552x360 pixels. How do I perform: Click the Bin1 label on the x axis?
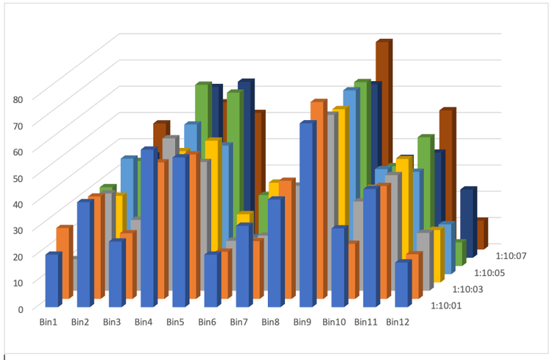pos(49,322)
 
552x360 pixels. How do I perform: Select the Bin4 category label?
pos(144,322)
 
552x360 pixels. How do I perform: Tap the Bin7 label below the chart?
pos(238,322)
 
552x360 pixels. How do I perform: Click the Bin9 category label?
pos(302,322)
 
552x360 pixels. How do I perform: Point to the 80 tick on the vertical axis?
pos(18,98)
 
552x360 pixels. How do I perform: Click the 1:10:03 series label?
pos(468,289)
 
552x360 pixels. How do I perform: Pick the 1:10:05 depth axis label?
pos(490,272)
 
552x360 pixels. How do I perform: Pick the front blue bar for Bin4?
pos(147,228)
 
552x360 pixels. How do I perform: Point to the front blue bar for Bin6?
pos(210,280)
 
